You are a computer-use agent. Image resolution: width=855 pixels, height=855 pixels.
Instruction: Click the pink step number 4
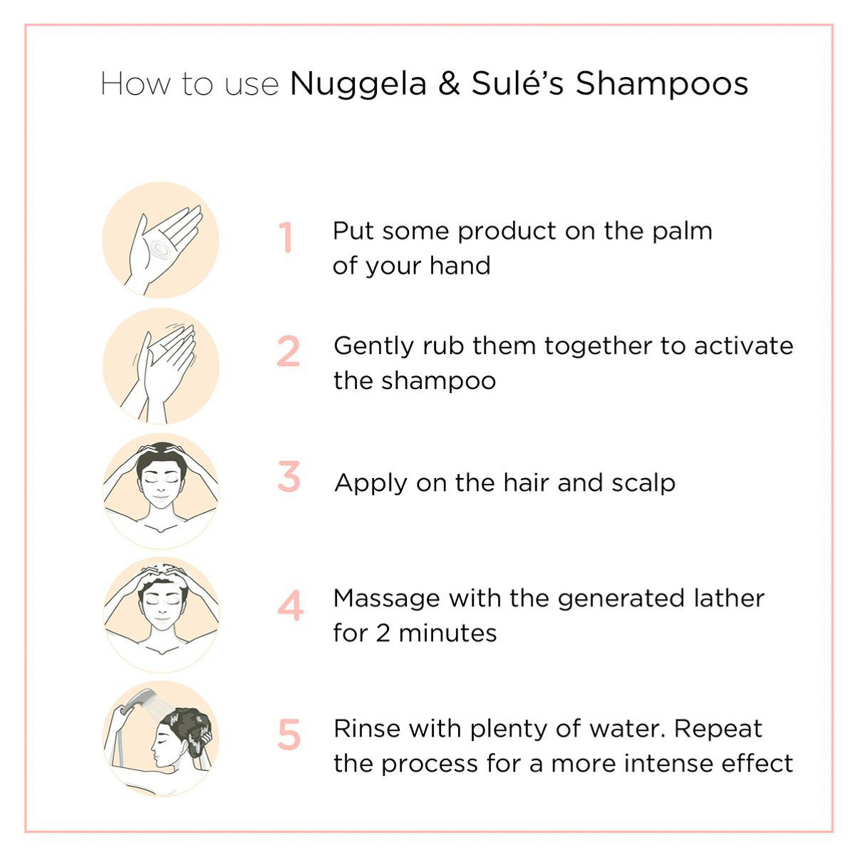[290, 605]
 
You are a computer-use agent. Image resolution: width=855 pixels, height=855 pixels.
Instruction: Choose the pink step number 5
[289, 735]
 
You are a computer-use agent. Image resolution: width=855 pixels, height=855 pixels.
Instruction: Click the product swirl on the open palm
[159, 248]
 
